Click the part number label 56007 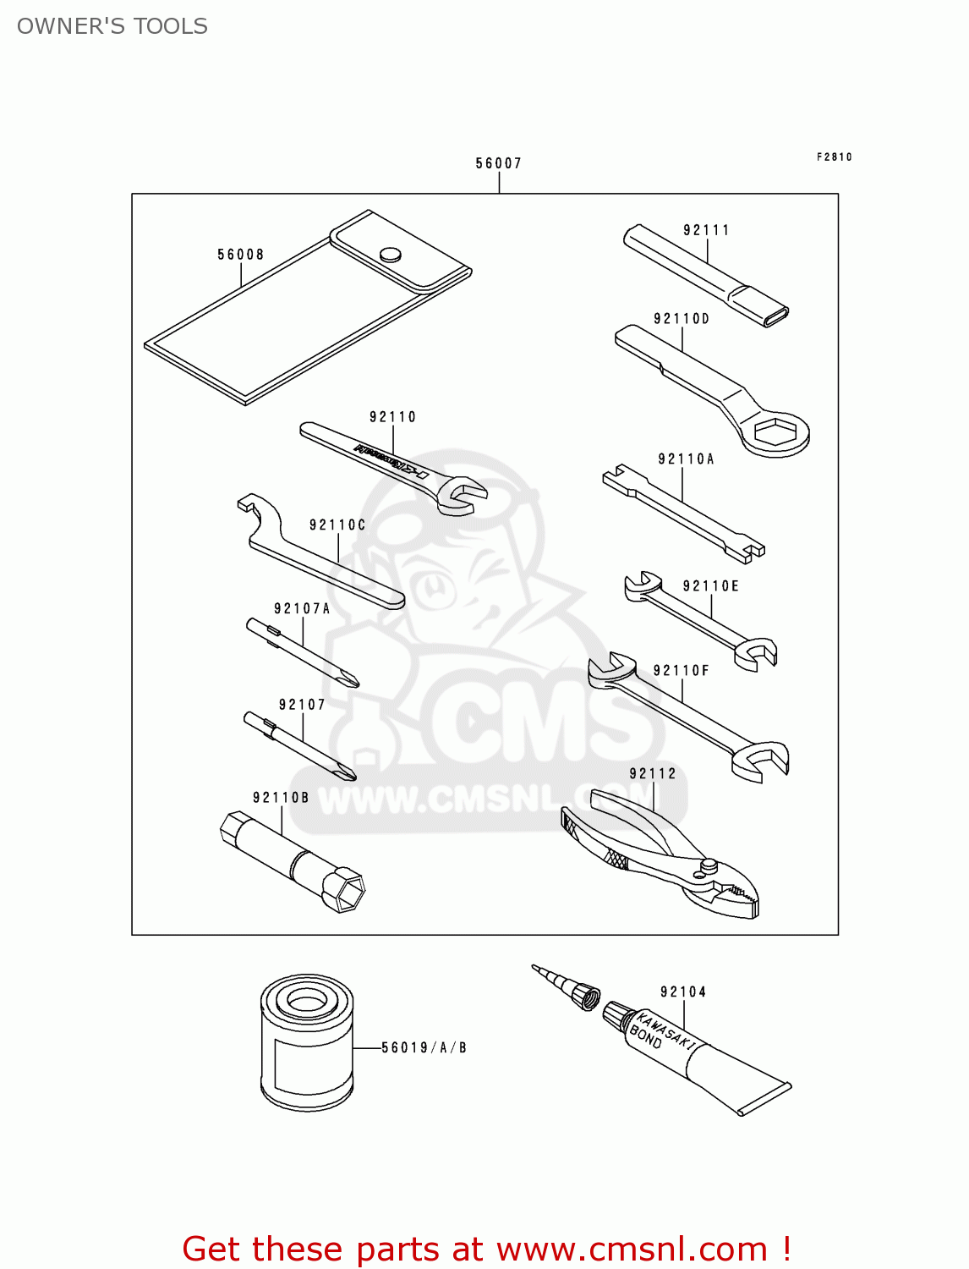pyautogui.click(x=498, y=163)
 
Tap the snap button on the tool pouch pyautogui.click(x=391, y=254)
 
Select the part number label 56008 pyautogui.click(x=241, y=255)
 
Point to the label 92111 pyautogui.click(x=706, y=230)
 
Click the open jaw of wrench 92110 pyautogui.click(x=466, y=494)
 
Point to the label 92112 pyautogui.click(x=653, y=773)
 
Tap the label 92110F pyautogui.click(x=682, y=671)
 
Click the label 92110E pyautogui.click(x=710, y=586)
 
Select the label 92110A pyautogui.click(x=686, y=459)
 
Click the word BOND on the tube pyautogui.click(x=646, y=1037)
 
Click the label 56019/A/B pyautogui.click(x=424, y=1047)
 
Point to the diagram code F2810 pyautogui.click(x=834, y=157)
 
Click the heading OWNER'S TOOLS pyautogui.click(x=112, y=26)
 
